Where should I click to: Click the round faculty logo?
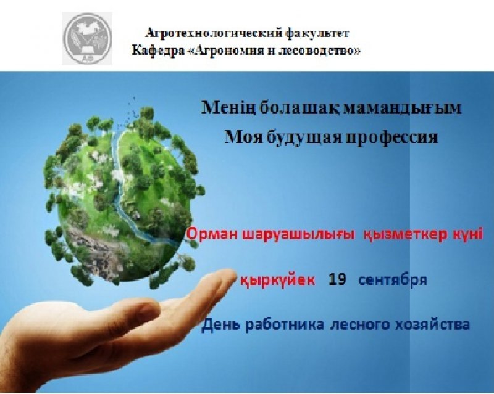pos(87,38)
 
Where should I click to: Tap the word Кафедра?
pos(158,51)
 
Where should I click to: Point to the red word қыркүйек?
pos(277,280)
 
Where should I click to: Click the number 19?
pos(337,279)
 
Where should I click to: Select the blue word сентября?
pos(393,280)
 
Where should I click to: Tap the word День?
pos(222,325)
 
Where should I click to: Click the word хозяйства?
pos(432,325)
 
